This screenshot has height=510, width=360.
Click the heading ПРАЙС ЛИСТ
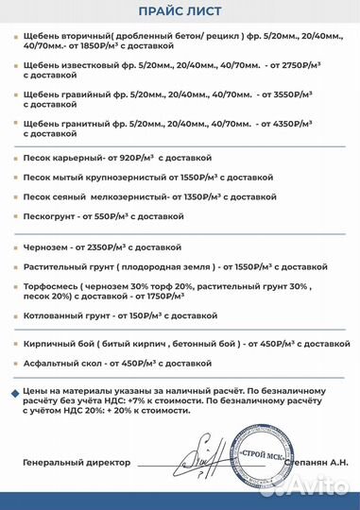click(180, 10)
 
